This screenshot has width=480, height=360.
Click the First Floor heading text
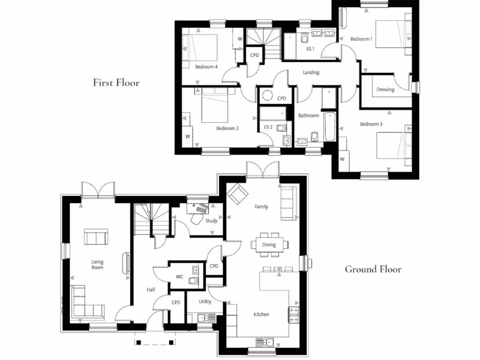click(x=116, y=83)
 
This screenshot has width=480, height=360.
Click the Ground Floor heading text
click(x=373, y=269)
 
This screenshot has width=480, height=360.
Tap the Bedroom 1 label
click(x=361, y=39)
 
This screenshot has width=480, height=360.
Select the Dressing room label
click(x=385, y=90)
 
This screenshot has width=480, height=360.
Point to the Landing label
click(x=311, y=73)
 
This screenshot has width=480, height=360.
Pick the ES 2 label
click(x=268, y=127)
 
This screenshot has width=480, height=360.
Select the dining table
click(x=269, y=245)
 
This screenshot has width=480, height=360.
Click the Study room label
click(x=211, y=221)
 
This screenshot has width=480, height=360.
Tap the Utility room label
click(x=205, y=301)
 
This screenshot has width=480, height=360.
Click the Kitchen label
click(x=262, y=315)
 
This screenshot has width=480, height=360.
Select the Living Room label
click(x=97, y=264)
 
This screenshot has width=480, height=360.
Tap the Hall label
click(x=150, y=290)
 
